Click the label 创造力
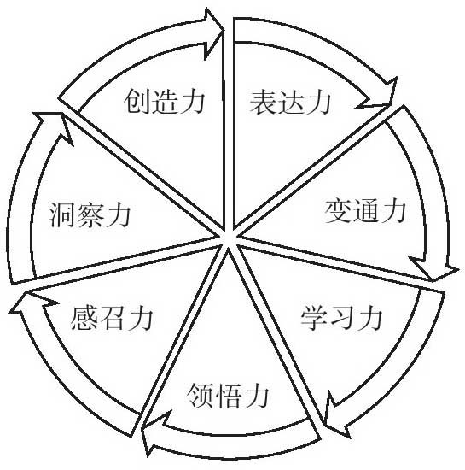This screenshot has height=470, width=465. click(x=165, y=101)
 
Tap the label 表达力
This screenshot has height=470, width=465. click(x=290, y=103)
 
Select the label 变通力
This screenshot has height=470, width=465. click(x=365, y=211)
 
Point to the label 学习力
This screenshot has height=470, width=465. click(x=342, y=317)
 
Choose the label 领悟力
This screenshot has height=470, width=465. click(x=228, y=396)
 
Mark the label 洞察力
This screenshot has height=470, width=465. click(x=90, y=214)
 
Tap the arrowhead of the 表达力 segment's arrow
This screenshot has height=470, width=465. click(x=380, y=96)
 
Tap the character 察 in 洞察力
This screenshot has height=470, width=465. click(x=90, y=214)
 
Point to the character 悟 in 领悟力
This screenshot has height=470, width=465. click(x=228, y=396)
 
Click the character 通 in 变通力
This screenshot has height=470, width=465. click(x=365, y=211)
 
